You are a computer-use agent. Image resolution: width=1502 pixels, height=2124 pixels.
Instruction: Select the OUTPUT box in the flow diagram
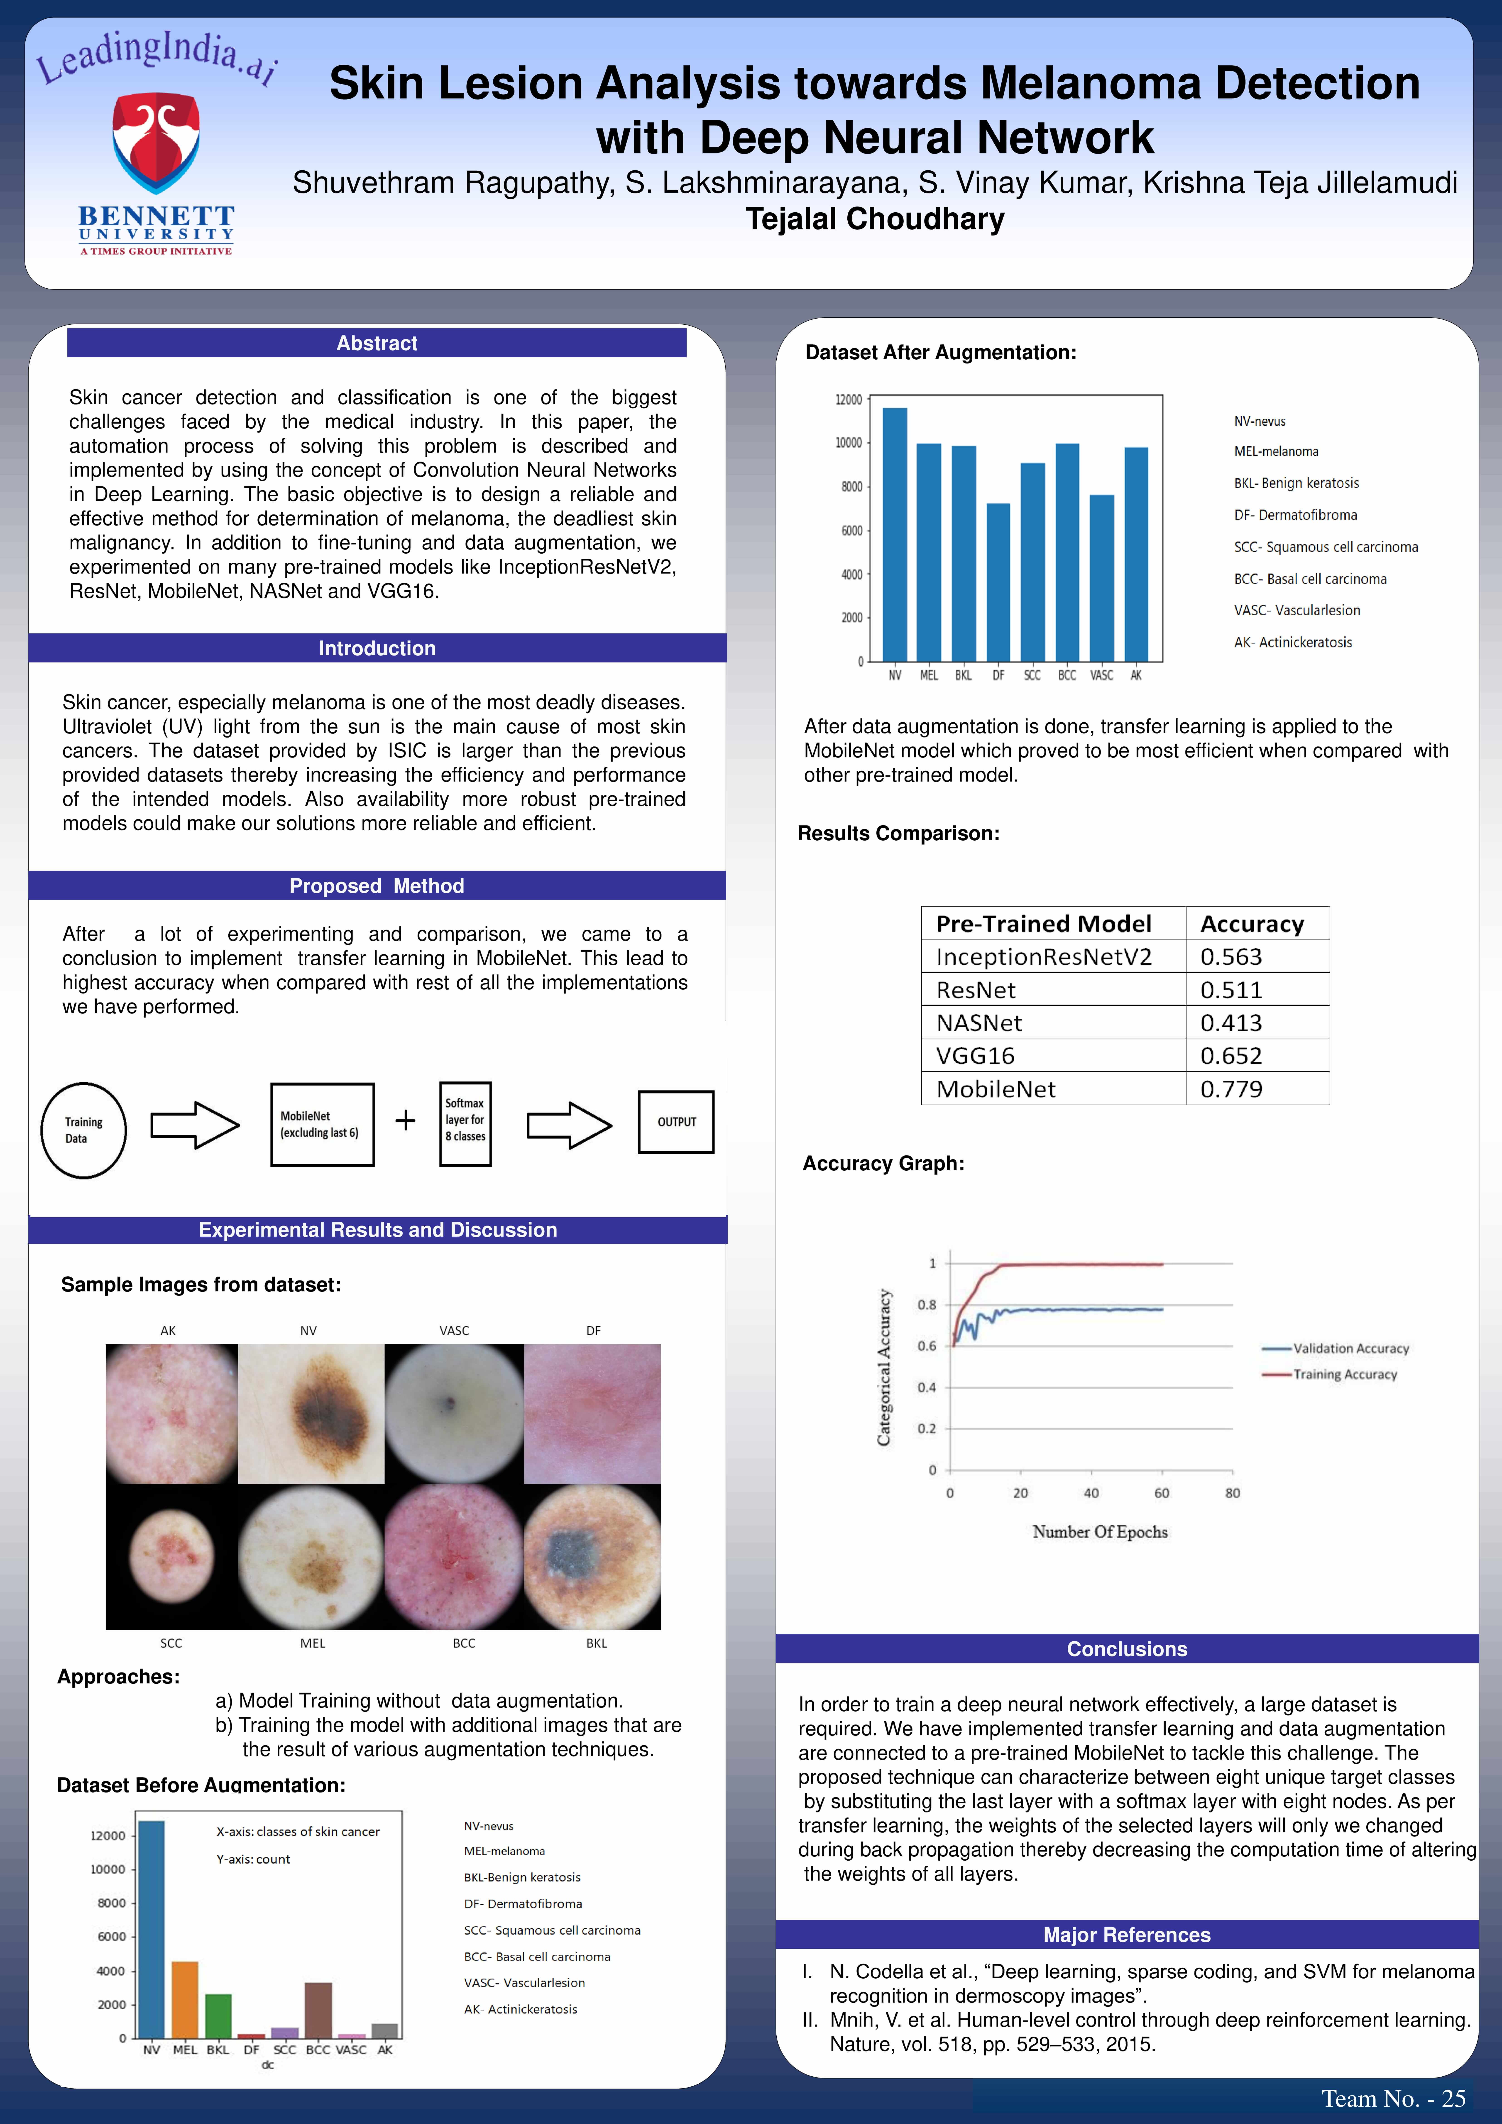coord(676,1122)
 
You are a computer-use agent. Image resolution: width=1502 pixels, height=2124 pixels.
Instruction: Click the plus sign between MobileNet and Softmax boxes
coord(405,1120)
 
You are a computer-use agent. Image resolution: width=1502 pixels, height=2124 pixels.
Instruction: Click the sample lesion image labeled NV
coord(311,1413)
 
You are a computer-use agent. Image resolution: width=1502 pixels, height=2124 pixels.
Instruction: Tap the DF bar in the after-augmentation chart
coord(998,582)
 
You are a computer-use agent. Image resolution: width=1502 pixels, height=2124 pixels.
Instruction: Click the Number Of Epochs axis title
coord(1100,1532)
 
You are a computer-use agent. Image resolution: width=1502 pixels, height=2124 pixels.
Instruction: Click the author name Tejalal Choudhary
coord(875,219)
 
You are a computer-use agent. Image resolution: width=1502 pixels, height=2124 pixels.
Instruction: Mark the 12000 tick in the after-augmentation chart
coord(848,400)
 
